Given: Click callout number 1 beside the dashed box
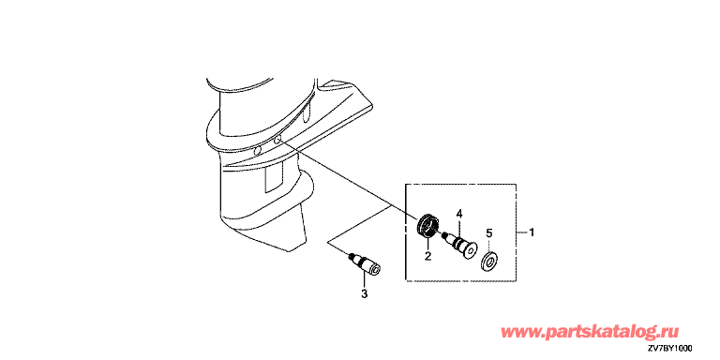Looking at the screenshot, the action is point(532,232).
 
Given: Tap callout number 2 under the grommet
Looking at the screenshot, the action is point(427,257).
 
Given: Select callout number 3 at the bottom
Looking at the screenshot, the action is point(364,293).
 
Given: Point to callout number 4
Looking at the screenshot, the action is point(458,213).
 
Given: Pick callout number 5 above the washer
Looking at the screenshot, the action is point(489,234).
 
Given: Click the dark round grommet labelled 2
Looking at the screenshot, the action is point(427,226).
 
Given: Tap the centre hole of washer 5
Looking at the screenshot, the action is point(490,262).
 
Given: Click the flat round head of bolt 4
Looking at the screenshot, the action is point(470,250).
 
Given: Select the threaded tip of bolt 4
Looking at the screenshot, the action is point(446,237).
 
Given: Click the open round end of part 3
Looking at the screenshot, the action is point(375,270).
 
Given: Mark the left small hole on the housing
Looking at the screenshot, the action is point(258,150).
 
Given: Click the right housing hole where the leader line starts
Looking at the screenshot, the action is point(277,141).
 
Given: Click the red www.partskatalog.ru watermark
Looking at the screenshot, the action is point(589,331).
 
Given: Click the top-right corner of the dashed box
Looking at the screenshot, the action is point(517,185).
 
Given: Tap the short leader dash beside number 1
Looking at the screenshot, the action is point(522,233).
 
